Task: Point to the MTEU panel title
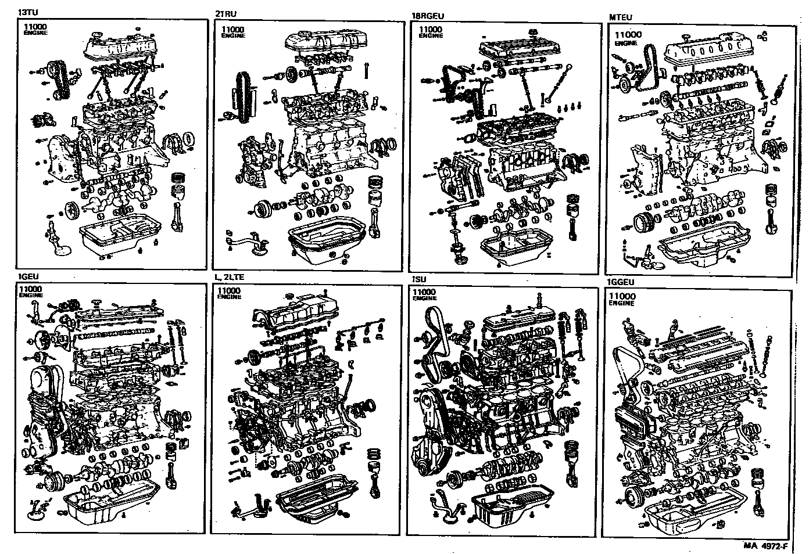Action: pos(620,17)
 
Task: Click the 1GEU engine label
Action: pos(28,276)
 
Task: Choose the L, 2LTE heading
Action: pos(229,277)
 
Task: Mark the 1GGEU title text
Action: pos(620,283)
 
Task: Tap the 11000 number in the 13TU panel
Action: pos(35,27)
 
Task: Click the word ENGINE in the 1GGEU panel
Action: pos(620,304)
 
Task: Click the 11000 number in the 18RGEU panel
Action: pos(431,29)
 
